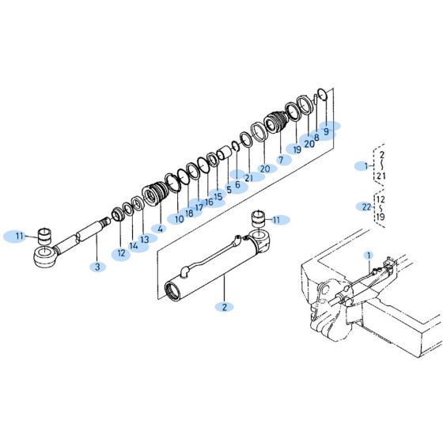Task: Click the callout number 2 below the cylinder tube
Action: tap(223, 306)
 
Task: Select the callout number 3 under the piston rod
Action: tap(97, 267)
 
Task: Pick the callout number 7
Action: tap(279, 159)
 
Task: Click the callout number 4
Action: tap(161, 229)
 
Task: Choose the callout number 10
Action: tap(180, 218)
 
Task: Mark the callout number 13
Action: tap(144, 239)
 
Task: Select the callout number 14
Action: tap(134, 246)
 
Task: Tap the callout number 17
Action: tap(199, 207)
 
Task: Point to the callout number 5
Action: tap(229, 189)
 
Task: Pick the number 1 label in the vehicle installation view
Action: tap(368, 255)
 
